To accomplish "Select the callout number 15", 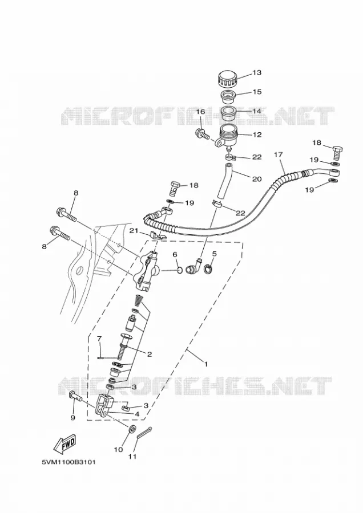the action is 257,92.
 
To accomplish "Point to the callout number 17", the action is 278,154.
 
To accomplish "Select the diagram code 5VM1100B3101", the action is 68,463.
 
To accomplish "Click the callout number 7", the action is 99,338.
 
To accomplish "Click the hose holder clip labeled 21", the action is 156,235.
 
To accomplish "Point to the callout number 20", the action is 257,179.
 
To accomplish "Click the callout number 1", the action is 206,364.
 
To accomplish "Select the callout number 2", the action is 150,354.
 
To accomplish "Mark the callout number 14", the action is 257,111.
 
